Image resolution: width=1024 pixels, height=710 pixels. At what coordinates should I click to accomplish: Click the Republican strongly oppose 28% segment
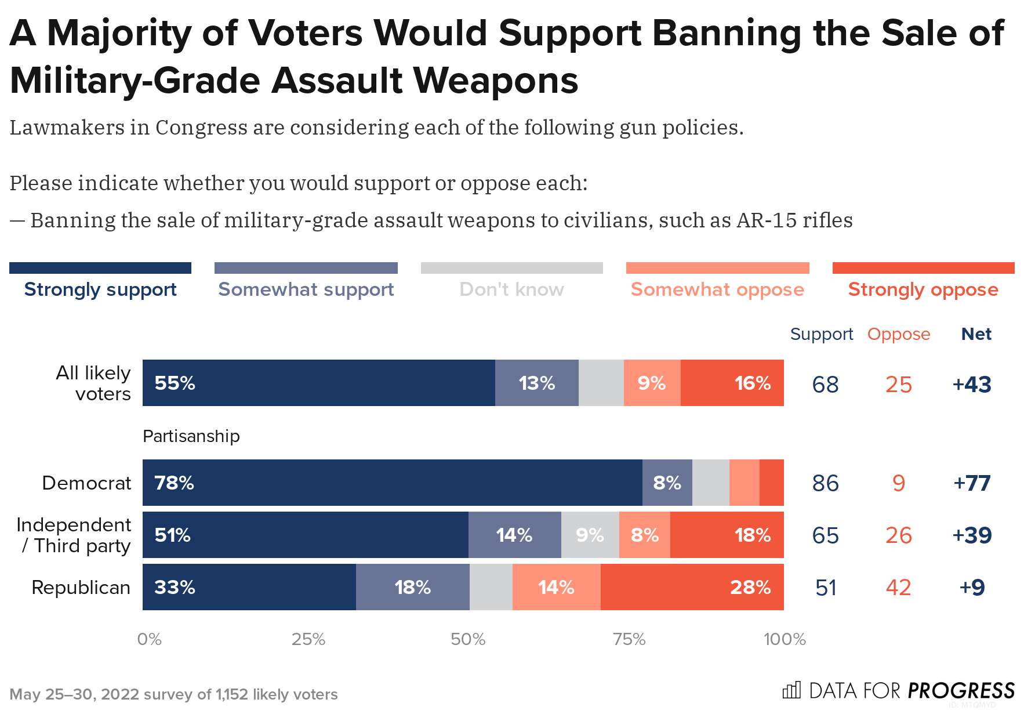(x=692, y=587)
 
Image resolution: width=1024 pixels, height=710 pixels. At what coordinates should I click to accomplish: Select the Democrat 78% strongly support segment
(x=392, y=483)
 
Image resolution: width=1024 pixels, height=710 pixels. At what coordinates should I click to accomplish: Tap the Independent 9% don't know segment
(x=590, y=535)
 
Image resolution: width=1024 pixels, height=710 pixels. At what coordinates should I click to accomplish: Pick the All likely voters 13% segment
(x=536, y=383)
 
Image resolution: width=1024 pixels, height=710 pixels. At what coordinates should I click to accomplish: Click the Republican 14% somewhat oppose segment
(x=556, y=587)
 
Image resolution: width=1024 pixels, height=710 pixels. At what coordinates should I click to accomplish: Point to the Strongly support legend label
(x=100, y=289)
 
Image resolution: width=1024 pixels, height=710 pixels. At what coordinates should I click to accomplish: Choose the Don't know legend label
(x=511, y=289)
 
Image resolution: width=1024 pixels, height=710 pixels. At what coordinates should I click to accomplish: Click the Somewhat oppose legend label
(x=717, y=289)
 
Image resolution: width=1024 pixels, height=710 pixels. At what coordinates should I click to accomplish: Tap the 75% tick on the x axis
(x=629, y=639)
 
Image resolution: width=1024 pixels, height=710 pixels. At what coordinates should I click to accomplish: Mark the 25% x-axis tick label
(x=308, y=639)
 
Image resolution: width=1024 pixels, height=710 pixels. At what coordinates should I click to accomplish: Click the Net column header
(x=976, y=334)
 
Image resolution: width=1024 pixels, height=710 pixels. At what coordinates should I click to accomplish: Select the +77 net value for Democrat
(x=972, y=483)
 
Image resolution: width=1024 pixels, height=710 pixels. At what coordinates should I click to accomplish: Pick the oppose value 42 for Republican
(x=898, y=588)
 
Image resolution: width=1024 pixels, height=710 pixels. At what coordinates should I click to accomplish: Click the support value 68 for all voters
(x=825, y=385)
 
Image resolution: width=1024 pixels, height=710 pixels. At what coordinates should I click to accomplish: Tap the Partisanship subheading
(x=191, y=436)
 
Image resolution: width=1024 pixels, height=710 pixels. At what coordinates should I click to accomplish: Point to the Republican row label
(x=81, y=588)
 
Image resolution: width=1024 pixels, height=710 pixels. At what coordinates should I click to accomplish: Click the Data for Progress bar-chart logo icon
(x=791, y=690)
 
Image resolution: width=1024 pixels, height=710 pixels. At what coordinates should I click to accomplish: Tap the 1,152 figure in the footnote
(x=231, y=694)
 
